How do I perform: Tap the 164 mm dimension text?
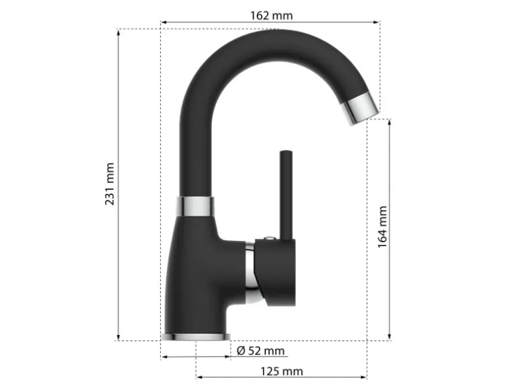(382, 227)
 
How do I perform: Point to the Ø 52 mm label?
(261, 351)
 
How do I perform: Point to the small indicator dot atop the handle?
(269, 238)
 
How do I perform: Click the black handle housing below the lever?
(277, 273)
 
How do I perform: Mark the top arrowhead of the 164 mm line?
(390, 122)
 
